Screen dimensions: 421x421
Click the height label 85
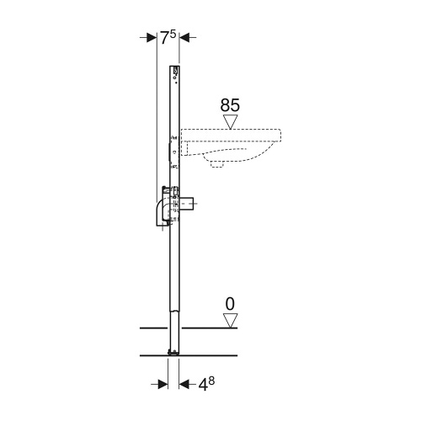point(229,105)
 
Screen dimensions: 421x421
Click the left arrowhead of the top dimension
point(151,37)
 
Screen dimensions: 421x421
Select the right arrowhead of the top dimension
point(185,37)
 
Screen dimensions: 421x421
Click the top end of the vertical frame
point(175,67)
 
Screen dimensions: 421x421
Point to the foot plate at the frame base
point(173,351)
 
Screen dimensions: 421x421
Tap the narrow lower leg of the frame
point(173,286)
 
